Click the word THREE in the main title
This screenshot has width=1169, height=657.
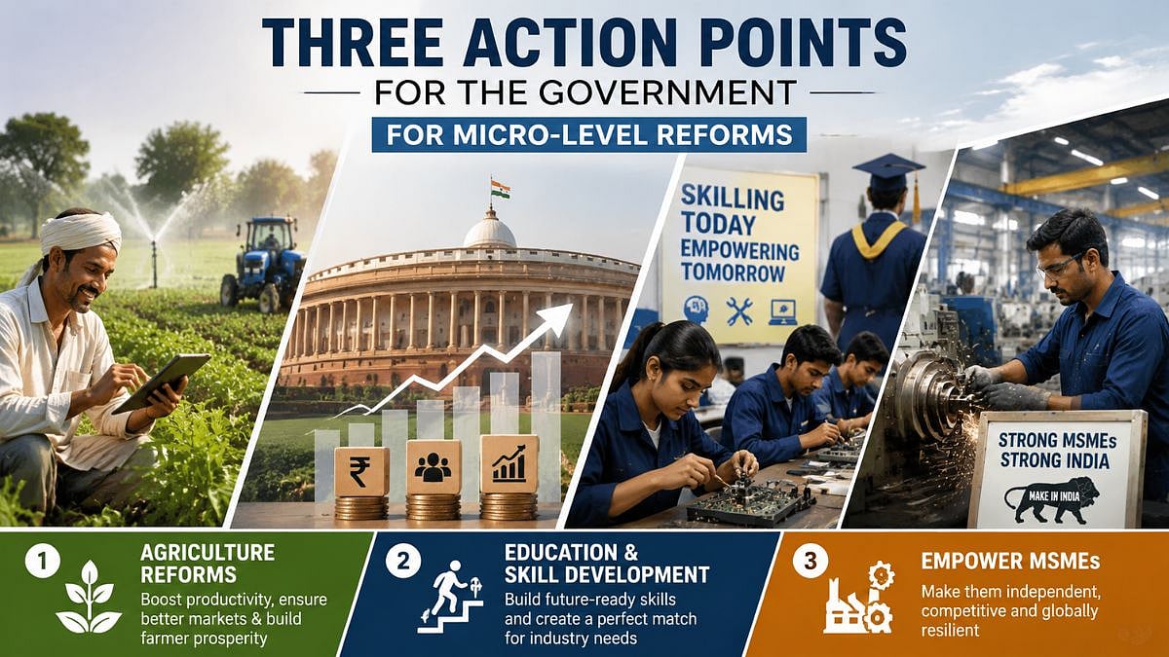(353, 43)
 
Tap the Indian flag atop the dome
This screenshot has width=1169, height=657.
(500, 189)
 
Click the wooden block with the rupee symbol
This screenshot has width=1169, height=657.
(361, 471)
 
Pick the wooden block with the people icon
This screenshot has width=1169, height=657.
(434, 467)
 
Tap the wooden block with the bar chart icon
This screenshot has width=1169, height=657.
(509, 464)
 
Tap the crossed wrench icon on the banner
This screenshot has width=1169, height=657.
(739, 311)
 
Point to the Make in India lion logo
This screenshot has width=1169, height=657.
(1051, 499)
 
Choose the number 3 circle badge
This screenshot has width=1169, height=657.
(810, 561)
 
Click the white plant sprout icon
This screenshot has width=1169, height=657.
(90, 597)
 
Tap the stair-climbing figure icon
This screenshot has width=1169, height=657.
(451, 597)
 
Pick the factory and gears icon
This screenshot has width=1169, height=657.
(859, 598)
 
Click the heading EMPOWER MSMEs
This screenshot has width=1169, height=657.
(1010, 561)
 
